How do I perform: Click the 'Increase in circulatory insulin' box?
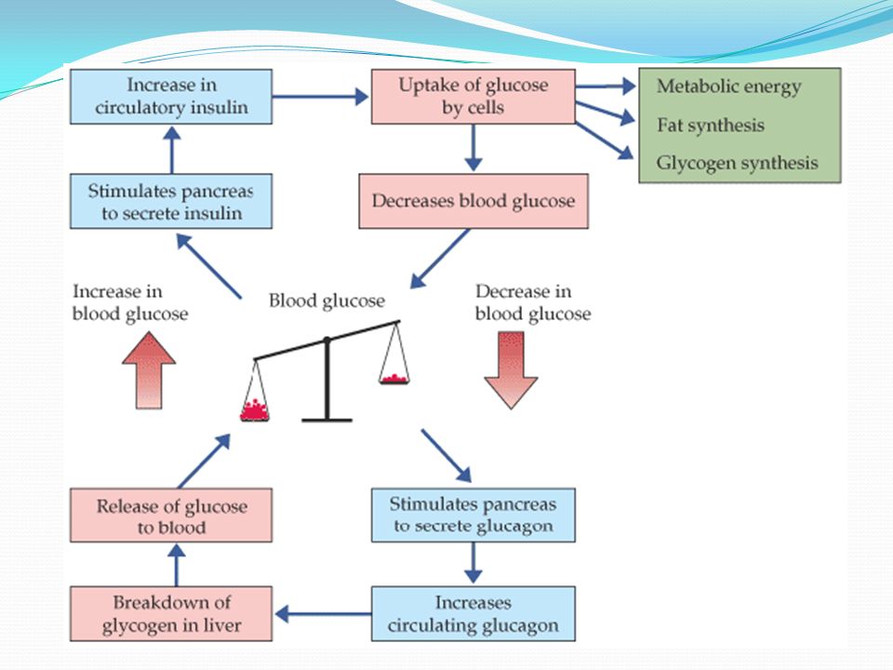coord(171,96)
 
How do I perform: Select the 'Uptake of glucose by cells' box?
coord(473,96)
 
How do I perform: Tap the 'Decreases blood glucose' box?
coord(473,201)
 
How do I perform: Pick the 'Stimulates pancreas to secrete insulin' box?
coord(171,201)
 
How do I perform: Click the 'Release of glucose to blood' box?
coord(171,515)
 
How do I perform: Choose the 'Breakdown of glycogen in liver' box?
coord(171,613)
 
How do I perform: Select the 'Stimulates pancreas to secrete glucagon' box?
coord(473,515)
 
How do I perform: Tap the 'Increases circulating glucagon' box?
coord(473,613)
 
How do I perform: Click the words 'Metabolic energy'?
coord(729,87)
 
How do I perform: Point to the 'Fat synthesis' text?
coord(710,125)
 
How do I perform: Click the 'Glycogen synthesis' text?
coord(737,163)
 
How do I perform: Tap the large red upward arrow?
coord(149,370)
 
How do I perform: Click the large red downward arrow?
coord(511,370)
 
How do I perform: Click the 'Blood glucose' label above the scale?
coord(327,301)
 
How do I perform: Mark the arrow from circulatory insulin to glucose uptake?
coord(321,96)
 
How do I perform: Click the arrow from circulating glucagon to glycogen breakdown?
coord(323,613)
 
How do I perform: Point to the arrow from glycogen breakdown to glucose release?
coord(177,565)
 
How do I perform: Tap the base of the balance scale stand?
coord(327,420)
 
